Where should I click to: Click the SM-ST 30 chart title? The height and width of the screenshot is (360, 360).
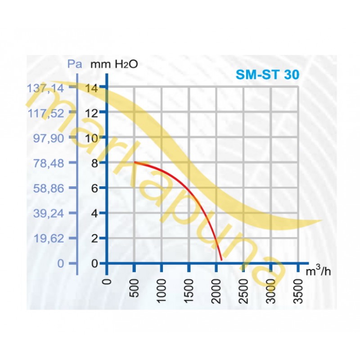pos(267,75)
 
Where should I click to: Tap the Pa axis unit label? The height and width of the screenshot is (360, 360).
pos(74,63)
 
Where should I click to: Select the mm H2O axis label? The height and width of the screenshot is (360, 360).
pos(114,63)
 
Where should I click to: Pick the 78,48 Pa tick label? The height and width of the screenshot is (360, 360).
pos(49,162)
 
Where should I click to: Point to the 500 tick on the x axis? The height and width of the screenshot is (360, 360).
pos(134,288)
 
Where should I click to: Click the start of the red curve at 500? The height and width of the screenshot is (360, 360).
pos(134,162)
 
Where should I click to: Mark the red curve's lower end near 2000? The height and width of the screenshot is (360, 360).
pos(221,259)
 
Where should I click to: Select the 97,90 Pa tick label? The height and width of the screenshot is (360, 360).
pos(49,138)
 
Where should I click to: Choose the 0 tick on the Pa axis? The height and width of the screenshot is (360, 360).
pos(61,263)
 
